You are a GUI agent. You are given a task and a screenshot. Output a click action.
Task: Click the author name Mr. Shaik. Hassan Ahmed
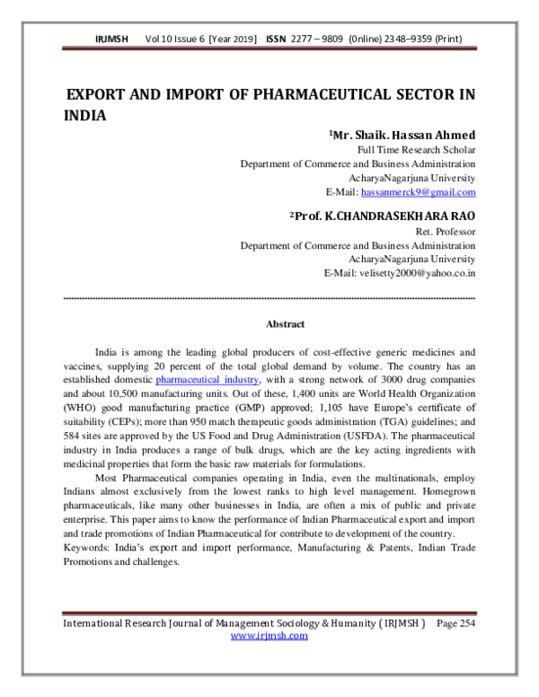(403, 135)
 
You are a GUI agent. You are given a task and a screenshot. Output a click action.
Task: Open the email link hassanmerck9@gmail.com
(419, 192)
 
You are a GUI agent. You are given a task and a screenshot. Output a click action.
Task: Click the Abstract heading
(285, 324)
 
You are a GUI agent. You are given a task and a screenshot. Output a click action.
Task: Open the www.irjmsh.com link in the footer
(269, 636)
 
